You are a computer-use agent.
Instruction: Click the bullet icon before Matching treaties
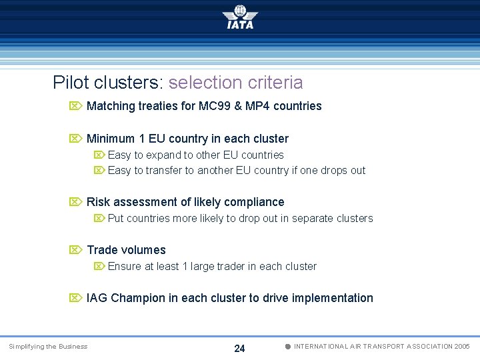pos(75,106)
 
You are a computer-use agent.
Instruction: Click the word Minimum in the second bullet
pos(110,139)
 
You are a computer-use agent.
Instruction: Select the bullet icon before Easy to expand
pos(99,155)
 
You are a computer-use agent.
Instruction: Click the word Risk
pos(98,202)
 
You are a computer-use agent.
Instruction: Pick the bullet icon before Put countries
pos(99,218)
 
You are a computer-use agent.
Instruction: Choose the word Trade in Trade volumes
pos(102,250)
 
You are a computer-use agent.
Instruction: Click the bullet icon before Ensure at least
pos(99,266)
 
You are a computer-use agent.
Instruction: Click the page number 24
pos(240,348)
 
